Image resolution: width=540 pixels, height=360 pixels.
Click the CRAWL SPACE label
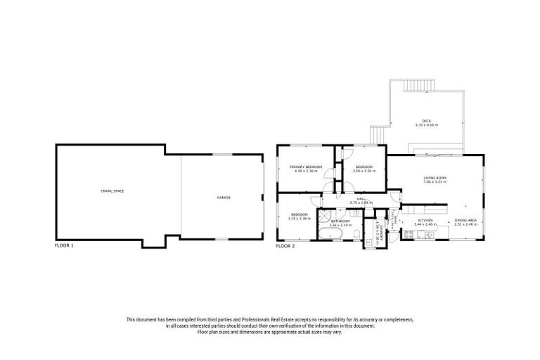click(112, 191)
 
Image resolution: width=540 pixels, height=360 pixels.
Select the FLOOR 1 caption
click(64, 246)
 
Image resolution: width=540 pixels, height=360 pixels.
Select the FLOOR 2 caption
click(285, 246)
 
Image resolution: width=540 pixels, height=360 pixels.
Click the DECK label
click(426, 120)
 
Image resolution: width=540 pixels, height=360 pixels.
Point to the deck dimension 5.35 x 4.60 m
click(426, 124)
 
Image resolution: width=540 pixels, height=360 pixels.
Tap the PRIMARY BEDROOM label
click(305, 167)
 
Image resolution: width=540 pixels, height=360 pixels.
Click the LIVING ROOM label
click(435, 178)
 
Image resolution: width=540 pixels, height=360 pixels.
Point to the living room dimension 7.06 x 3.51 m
click(435, 183)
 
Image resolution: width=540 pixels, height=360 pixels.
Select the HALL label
click(360, 199)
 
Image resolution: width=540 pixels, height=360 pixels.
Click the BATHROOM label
click(340, 221)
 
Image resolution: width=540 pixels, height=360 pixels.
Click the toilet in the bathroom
click(356, 234)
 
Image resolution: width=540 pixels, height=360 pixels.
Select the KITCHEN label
click(425, 220)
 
